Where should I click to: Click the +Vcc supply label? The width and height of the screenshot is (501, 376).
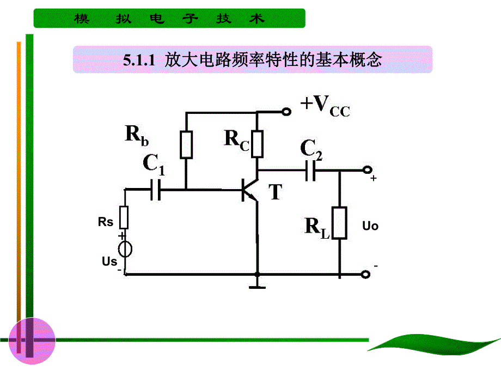325,105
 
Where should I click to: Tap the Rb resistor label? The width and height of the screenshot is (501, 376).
136,135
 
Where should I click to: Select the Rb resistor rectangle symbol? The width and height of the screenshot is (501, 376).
187,144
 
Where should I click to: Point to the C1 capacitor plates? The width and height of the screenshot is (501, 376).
155,190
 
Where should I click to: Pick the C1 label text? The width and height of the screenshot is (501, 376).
154,163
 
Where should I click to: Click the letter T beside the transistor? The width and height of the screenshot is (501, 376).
276,192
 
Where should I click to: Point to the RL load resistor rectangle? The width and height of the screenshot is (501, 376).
340,223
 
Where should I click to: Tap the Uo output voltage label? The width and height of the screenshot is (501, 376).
370,226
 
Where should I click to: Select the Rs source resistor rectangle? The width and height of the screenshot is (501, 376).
124,217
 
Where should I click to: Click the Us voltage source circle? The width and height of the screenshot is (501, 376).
124,249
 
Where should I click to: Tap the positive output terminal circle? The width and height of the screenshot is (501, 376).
368,170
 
